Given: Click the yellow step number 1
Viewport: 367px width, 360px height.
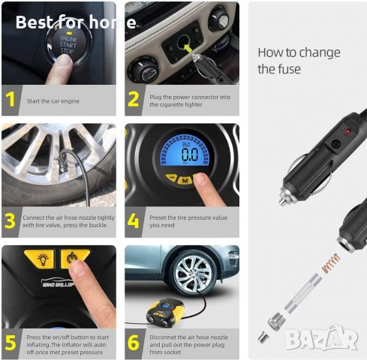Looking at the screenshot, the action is [x=11, y=99].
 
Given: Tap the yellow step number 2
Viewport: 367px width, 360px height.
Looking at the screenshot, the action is [x=134, y=99].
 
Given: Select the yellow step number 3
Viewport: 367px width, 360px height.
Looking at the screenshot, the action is [x=10, y=221].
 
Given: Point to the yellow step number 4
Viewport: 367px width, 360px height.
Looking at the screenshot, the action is [x=133, y=220].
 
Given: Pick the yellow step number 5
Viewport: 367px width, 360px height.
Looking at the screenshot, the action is [x=11, y=343].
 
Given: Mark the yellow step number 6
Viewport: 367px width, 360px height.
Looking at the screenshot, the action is [x=134, y=343].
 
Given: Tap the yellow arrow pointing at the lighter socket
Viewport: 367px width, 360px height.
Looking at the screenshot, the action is [x=187, y=47].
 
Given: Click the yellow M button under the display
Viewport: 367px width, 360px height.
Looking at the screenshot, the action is [x=185, y=180].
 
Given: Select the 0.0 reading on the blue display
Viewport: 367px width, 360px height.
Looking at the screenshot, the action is [x=190, y=154].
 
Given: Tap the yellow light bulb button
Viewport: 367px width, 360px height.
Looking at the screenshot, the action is [x=40, y=259].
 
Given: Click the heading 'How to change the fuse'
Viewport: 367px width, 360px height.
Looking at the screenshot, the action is [x=299, y=61].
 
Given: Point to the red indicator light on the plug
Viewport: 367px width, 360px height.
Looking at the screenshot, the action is [x=347, y=131].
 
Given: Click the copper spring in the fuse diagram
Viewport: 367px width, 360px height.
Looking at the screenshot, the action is [x=331, y=262].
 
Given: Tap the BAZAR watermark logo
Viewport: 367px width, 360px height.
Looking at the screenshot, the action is [x=321, y=337].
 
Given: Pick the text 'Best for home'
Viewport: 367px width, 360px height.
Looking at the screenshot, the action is [x=76, y=22].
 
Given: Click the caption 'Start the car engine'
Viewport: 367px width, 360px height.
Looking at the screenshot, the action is [x=53, y=101].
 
